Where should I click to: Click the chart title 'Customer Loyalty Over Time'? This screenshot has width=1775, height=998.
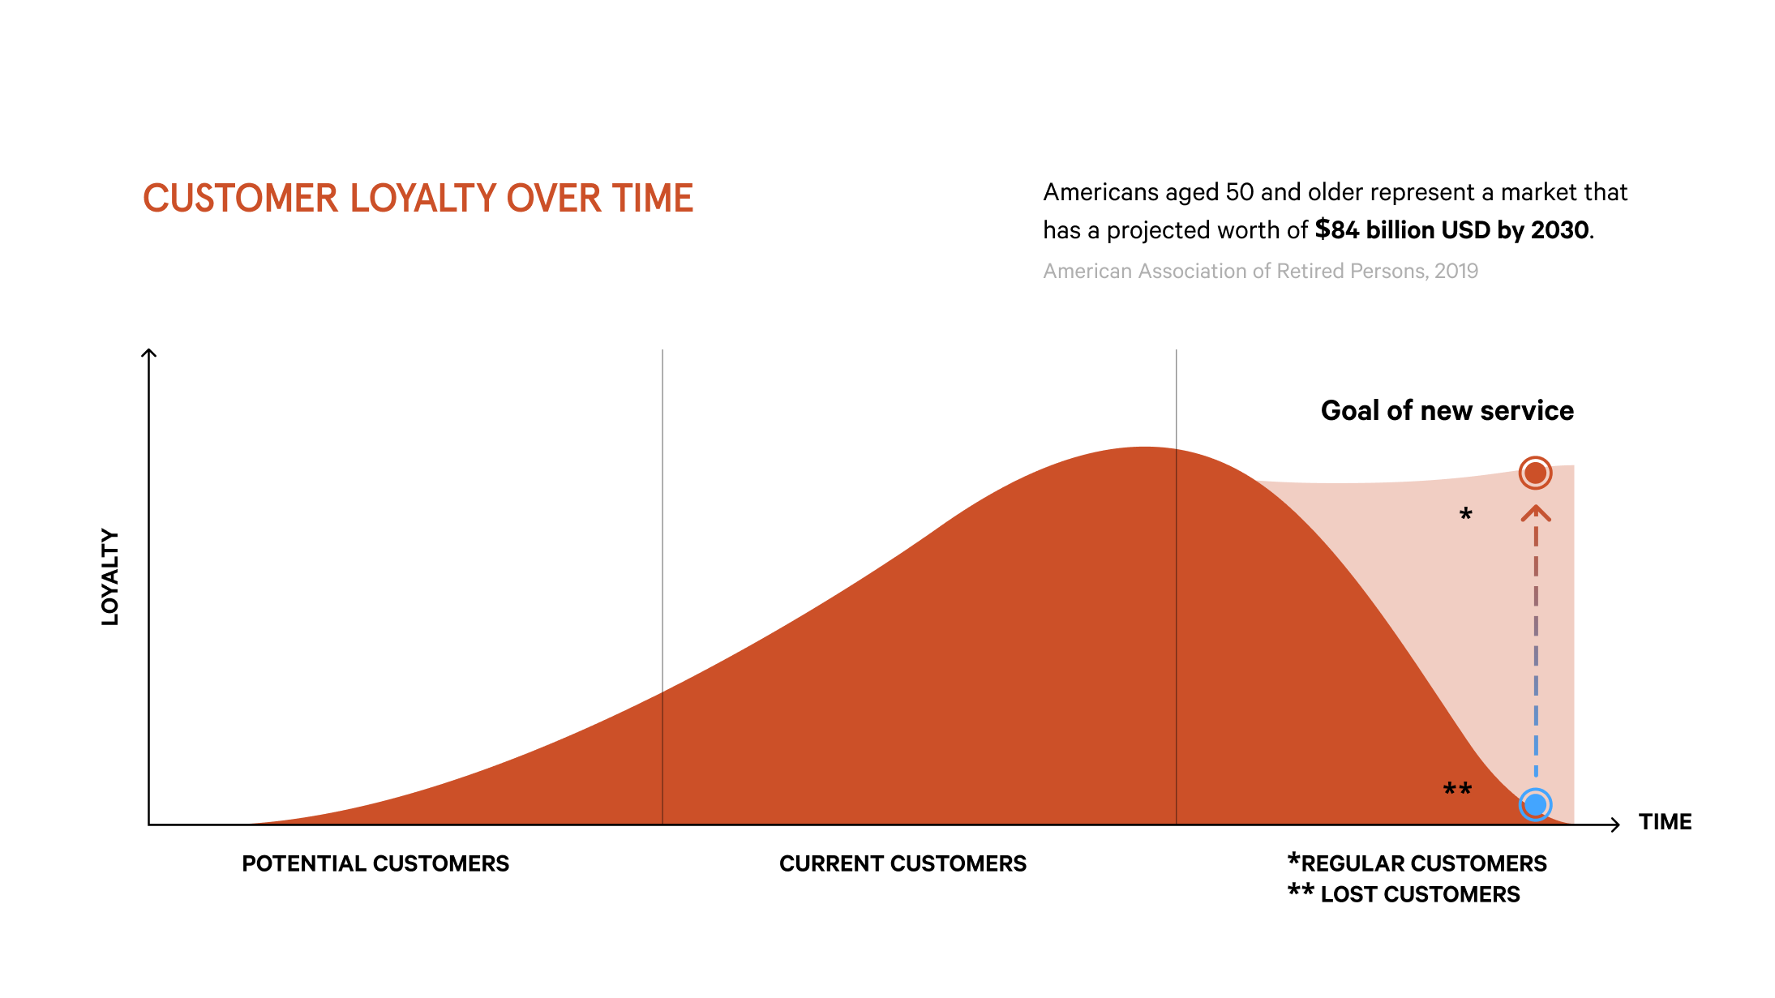(418, 199)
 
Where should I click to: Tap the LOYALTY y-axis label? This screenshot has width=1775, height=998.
(110, 576)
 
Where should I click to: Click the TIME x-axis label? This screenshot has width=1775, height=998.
(1665, 822)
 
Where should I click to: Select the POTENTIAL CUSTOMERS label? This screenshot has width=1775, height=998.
(375, 863)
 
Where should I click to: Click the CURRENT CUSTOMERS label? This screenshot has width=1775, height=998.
(903, 863)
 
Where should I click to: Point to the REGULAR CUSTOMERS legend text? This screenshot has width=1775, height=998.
(1423, 863)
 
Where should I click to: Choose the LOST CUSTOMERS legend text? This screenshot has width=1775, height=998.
(1419, 894)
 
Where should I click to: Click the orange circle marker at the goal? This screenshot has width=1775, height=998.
(1535, 473)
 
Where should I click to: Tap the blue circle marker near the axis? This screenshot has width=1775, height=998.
(1535, 804)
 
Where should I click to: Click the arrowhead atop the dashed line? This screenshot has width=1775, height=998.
(1536, 512)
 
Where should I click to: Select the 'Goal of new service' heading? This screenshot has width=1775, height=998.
(1447, 410)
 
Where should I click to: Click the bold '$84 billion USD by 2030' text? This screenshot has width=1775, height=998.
(1451, 230)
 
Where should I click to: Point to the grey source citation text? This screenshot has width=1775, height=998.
(1260, 271)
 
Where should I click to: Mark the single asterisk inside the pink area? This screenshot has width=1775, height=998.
(1465, 513)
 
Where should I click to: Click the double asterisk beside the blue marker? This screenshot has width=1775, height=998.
(1457, 789)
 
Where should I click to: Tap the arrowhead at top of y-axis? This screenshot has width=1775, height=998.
(148, 353)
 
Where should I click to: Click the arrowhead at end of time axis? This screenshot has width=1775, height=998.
(1614, 825)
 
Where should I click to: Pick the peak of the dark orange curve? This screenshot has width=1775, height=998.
(1143, 448)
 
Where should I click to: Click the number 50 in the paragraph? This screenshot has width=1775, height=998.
(1239, 192)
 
